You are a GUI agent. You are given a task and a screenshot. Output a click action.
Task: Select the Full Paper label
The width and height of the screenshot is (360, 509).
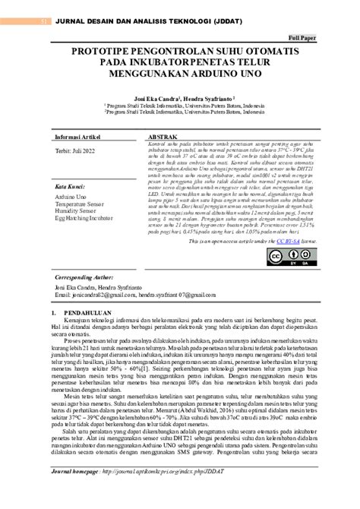click(x=303, y=37)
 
